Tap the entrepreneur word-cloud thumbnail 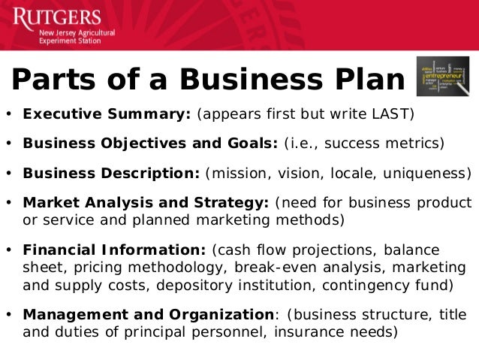442,77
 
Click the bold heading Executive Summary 107,115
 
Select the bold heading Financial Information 115,250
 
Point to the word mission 236,172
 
